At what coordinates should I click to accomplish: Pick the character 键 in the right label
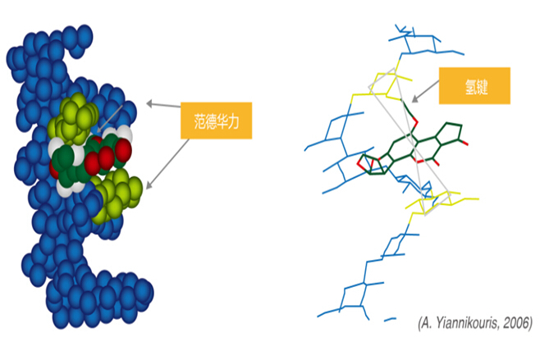coord(483,86)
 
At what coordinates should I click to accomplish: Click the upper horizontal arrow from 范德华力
coord(164,105)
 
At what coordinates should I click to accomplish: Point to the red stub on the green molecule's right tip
coord(465,144)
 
